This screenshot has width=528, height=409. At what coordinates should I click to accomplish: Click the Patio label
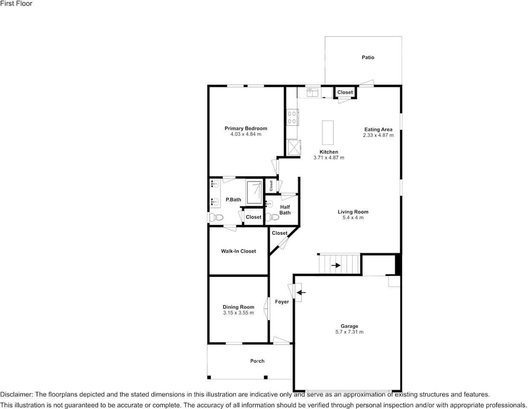point(368,58)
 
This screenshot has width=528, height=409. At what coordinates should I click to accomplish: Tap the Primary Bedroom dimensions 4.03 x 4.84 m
point(246,134)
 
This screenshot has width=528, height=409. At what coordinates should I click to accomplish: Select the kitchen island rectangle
point(328,133)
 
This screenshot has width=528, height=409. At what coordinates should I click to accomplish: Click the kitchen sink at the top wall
point(313,92)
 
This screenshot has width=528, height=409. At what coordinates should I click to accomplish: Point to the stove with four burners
point(292,117)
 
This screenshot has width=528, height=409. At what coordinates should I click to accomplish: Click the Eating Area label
point(378,130)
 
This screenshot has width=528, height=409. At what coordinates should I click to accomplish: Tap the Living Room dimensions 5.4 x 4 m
point(353,218)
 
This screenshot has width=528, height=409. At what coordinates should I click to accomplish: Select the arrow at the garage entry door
point(301,292)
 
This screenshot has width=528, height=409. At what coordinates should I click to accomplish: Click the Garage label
point(349,326)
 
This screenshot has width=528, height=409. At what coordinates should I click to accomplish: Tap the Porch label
point(257,361)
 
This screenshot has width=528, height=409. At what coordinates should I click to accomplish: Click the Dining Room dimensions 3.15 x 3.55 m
point(238,313)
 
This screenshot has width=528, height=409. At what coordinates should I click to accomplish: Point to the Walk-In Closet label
point(238,251)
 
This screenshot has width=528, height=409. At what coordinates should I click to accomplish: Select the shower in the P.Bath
point(254,193)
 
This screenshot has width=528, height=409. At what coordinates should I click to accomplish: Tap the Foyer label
point(282,302)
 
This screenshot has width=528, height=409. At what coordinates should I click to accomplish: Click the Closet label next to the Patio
point(345,92)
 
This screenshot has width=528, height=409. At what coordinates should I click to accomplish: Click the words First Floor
point(16,4)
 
